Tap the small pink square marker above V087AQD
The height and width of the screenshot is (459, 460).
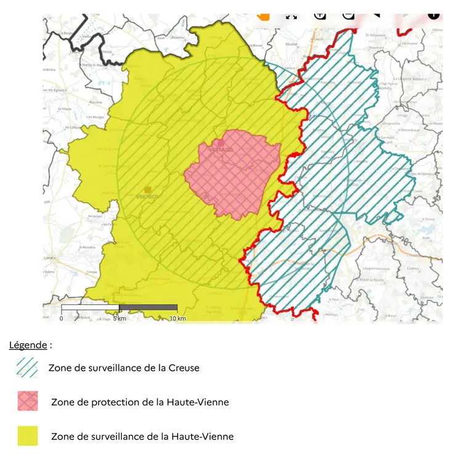click(x=220, y=143)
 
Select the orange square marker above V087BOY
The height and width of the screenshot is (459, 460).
click(x=147, y=190)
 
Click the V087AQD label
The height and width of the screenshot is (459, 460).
click(x=221, y=150)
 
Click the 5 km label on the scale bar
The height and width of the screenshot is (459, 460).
click(x=120, y=319)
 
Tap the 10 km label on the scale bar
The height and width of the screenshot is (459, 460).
click(x=177, y=319)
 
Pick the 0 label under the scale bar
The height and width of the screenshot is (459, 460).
click(x=61, y=319)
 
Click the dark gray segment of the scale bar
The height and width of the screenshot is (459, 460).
click(x=148, y=307)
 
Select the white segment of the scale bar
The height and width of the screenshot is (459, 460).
click(x=90, y=307)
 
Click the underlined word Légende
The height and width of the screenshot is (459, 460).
click(x=28, y=345)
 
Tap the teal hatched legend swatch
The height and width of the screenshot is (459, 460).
click(x=28, y=368)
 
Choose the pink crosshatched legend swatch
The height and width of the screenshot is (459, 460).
click(x=28, y=402)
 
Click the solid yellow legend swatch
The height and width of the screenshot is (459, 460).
click(x=28, y=436)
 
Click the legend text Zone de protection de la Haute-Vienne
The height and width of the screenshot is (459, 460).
click(x=140, y=402)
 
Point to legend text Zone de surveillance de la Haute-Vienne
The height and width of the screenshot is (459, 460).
click(x=142, y=436)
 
